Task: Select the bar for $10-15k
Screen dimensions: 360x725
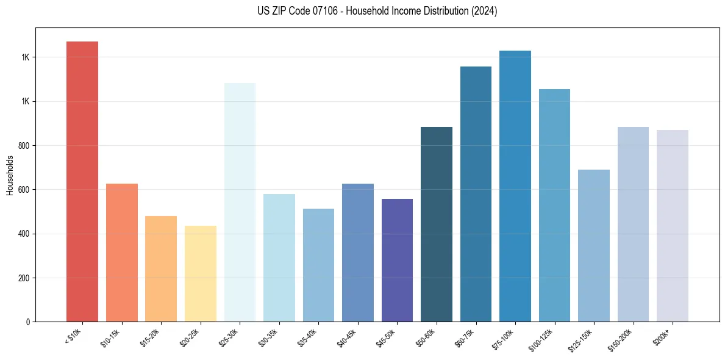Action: click(121, 253)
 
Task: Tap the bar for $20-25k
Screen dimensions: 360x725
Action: click(200, 274)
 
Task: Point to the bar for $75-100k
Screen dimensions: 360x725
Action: click(515, 186)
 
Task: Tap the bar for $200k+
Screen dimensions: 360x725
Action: click(672, 226)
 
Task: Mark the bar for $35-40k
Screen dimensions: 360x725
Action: click(318, 265)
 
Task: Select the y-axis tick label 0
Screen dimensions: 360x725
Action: click(27, 322)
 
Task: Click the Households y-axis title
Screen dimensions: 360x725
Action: click(10, 175)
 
